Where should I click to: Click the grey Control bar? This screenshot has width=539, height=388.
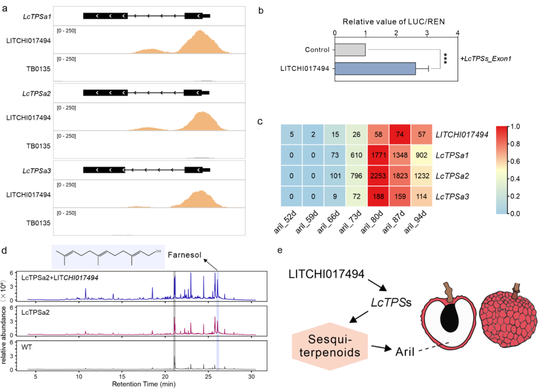[350, 50]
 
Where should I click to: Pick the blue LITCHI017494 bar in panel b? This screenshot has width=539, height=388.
[375, 68]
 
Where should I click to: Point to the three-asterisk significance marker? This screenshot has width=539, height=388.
[444, 59]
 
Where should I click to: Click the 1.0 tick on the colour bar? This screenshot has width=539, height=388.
[516, 127]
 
